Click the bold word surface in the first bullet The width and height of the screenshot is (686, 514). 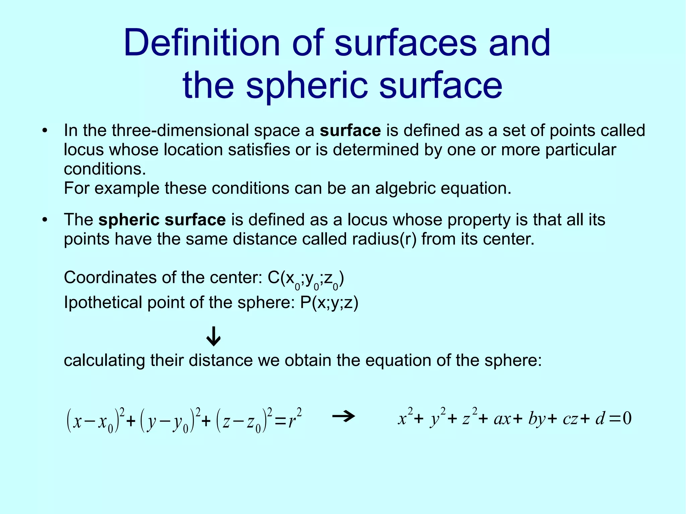tap(350, 130)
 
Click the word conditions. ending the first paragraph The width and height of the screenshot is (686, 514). tap(105, 169)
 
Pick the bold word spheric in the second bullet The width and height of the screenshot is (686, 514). tap(128, 220)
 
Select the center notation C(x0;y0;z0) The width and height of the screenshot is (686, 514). tap(306, 279)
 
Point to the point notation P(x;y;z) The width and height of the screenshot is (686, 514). tap(329, 303)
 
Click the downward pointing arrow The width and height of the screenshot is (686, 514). tap(213, 337)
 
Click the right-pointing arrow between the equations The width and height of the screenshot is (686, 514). tap(344, 417)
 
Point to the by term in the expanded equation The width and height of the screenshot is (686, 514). tap(537, 419)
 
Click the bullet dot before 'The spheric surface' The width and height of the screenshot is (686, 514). tap(45, 220)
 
